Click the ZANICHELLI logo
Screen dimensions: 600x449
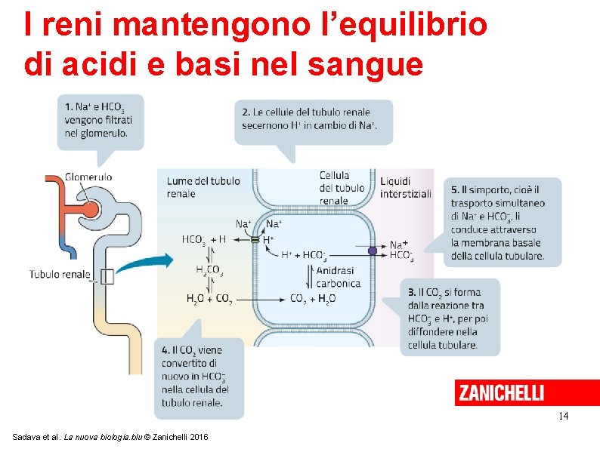499,393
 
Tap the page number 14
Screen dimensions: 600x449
563,417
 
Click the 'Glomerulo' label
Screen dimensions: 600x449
88,177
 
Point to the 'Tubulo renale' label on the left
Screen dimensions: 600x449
60,274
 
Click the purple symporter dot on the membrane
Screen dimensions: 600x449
372,251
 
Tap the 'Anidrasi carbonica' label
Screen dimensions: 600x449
338,277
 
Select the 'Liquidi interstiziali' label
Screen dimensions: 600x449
405,187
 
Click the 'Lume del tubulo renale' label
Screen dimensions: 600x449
203,187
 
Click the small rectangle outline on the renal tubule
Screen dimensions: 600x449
107,276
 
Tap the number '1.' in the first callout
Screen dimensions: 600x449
69,107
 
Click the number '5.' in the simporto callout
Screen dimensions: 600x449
455,189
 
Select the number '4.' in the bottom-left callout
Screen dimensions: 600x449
165,350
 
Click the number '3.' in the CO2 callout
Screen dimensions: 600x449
412,292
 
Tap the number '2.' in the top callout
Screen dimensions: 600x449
246,112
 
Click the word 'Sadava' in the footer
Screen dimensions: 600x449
28,437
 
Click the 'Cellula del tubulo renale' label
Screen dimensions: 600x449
342,188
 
